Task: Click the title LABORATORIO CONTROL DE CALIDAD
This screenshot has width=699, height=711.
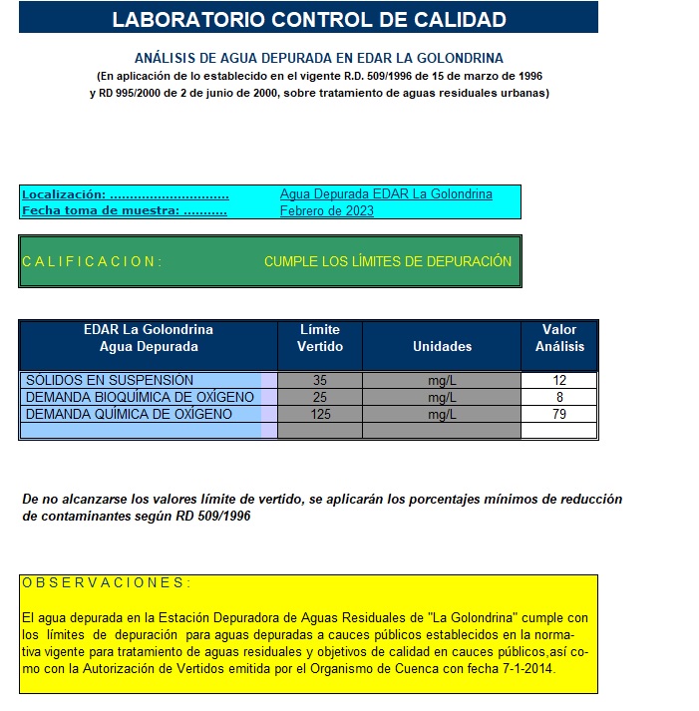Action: tap(308, 19)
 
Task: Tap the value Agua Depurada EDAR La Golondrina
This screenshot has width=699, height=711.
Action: tap(386, 194)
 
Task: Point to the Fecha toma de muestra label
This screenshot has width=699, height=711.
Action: tap(124, 210)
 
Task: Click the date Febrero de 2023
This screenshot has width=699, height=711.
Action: tap(326, 210)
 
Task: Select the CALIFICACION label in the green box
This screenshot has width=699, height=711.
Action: tap(92, 261)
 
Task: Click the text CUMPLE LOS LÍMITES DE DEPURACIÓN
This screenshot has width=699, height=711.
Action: tap(388, 261)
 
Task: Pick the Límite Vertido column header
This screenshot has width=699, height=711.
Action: tap(319, 338)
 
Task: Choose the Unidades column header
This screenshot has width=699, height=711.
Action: tap(442, 346)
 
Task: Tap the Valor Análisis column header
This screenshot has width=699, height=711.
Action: tap(558, 338)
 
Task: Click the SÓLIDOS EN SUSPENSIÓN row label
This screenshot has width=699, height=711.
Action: tap(110, 380)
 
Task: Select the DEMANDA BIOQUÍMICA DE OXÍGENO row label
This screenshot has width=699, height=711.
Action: tap(140, 397)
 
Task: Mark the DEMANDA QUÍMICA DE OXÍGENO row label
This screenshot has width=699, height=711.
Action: tap(129, 414)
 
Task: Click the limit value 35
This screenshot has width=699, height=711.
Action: tap(319, 380)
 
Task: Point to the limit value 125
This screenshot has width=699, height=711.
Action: tap(319, 414)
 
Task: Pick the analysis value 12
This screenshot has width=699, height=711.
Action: tap(558, 380)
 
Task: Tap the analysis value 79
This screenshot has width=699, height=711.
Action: tap(558, 414)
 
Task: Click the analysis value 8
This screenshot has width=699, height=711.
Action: tap(558, 397)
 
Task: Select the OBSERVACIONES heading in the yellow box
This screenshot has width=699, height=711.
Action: tap(106, 583)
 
